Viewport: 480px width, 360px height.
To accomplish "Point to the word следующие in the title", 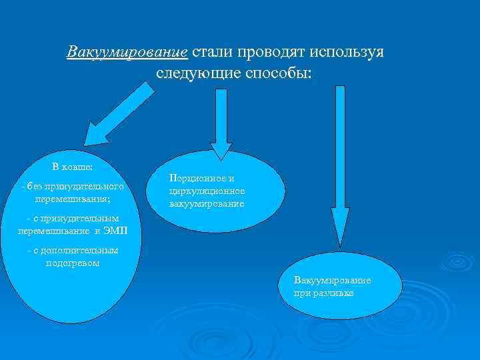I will coord(191,72).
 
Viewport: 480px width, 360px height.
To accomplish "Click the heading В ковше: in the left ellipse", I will coord(73,167).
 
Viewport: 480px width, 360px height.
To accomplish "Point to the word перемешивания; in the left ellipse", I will coord(73,198).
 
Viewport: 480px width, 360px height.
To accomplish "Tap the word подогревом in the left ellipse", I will coord(73,263).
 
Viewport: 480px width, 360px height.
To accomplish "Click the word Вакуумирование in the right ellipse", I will coord(332,281).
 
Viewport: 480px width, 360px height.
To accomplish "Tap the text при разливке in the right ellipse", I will coord(324,293).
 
